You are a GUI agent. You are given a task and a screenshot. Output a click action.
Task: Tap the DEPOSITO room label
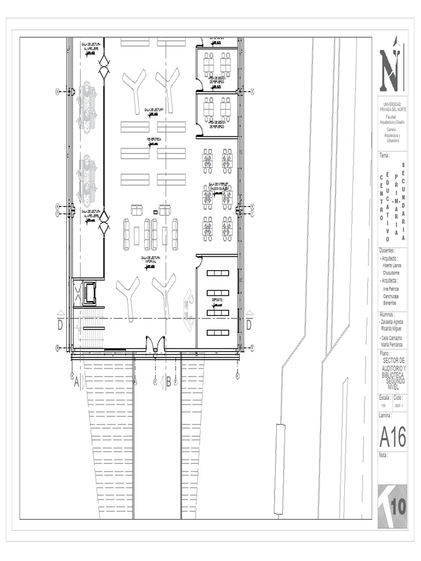point(218,300)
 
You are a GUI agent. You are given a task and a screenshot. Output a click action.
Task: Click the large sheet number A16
point(392,437)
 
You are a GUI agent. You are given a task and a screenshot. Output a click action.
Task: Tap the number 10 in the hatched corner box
point(398,507)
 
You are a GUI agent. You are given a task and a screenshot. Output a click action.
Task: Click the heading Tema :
point(384,156)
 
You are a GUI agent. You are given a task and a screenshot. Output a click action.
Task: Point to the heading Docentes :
point(389,251)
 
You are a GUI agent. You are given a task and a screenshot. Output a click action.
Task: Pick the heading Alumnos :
point(388,315)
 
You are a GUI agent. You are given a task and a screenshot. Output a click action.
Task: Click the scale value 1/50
point(383,406)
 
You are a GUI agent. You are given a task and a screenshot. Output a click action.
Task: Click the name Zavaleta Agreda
point(392,322)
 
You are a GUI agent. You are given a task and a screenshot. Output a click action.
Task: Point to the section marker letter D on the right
point(248,325)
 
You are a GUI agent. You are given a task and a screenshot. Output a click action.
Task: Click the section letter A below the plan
point(76,383)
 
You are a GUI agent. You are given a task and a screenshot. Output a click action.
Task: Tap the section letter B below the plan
point(168,382)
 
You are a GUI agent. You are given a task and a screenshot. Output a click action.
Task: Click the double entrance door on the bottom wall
point(155,345)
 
